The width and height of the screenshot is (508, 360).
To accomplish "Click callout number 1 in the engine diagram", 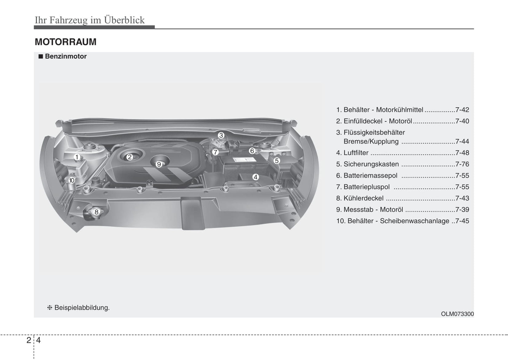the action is point(77,157).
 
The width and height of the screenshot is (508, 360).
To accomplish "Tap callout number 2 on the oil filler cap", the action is point(129,157).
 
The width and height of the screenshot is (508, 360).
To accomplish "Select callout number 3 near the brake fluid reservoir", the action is point(221,135).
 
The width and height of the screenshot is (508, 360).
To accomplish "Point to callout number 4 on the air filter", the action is point(256,177).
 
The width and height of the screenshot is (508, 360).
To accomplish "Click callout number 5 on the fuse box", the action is point(277,161).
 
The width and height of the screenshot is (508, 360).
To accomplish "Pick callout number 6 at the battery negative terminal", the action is point(252,151).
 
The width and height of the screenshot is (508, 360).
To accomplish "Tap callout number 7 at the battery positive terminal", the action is point(215,152).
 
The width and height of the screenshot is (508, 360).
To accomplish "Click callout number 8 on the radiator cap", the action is point(96,212).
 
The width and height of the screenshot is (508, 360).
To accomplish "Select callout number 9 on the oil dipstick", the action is point(159,164).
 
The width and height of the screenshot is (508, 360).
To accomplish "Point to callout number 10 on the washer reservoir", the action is point(72,180).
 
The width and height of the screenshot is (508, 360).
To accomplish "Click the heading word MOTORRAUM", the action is point(65,42).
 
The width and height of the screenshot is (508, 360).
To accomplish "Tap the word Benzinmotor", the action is point(66,56).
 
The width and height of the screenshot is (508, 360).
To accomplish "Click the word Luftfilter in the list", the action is point(356,153).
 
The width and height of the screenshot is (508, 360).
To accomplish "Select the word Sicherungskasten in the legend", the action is point(371,164).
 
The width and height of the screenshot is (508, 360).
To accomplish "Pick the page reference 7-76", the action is point(462,164).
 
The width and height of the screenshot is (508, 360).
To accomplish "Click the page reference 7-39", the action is point(462,210).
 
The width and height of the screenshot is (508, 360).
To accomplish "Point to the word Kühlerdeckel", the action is point(364,198).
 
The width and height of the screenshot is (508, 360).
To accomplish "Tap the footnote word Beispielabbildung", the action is point(82,308).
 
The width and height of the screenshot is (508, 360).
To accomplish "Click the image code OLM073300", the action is point(457,314).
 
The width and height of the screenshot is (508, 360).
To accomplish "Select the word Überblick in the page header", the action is point(124,20).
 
